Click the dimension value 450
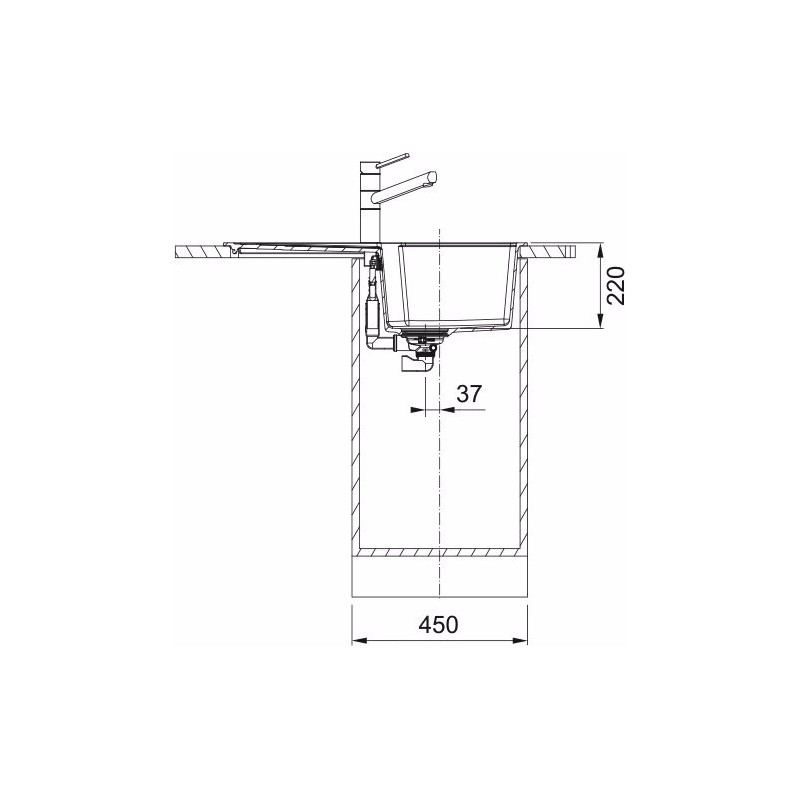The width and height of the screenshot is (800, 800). (x=438, y=624)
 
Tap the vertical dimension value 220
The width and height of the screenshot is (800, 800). (x=616, y=285)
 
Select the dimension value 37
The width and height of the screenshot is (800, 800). (x=469, y=393)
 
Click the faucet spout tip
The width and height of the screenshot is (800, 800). (x=433, y=177)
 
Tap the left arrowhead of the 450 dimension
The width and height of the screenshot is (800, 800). (x=360, y=640)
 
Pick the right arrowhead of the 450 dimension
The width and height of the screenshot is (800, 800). (x=519, y=640)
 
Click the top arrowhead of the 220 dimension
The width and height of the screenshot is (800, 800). (x=601, y=250)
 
